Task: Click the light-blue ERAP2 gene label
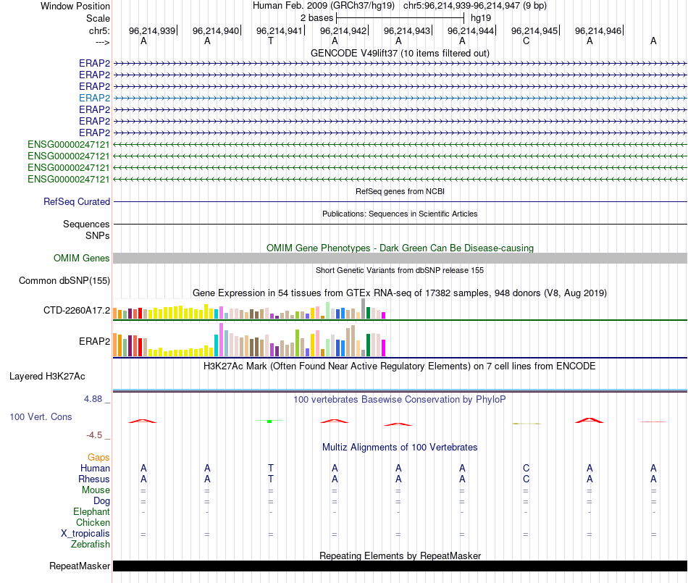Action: pos(94,98)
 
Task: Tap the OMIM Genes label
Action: pos(82,258)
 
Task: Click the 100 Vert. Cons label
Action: pos(41,416)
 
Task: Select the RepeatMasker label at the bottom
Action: pos(80,566)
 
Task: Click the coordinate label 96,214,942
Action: pos(343,31)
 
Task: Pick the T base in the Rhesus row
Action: pos(271,479)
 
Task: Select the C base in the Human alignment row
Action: pos(526,468)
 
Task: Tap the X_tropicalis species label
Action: pos(85,533)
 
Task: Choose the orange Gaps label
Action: pos(98,457)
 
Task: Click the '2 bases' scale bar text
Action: pos(316,17)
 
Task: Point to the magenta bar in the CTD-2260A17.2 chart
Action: pos(384,315)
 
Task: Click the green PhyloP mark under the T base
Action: pos(269,420)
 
